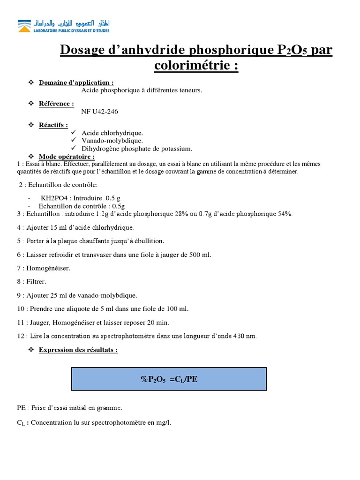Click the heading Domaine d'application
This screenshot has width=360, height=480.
tap(76, 82)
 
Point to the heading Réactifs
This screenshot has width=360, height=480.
tap(53, 125)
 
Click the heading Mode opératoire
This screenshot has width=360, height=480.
tap(67, 156)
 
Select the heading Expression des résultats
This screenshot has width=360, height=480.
tap(78, 350)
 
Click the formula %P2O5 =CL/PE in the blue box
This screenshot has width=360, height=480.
tap(169, 380)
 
